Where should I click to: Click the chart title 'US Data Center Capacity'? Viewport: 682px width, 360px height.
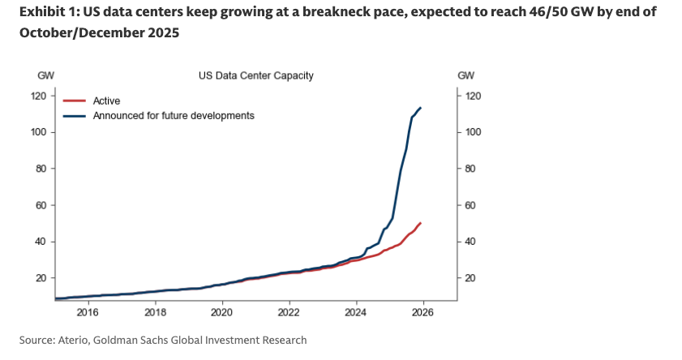256,75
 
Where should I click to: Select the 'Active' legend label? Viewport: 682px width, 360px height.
107,101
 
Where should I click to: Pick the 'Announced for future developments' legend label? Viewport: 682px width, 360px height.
174,116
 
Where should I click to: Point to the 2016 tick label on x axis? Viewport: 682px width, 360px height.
88,311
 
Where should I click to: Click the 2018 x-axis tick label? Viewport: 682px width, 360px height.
155,311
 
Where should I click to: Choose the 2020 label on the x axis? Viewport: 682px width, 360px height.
222,311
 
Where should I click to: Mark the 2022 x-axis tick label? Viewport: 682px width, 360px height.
290,311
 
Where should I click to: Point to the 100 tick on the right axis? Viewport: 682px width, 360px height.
474,132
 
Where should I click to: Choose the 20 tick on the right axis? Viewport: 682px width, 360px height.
471,278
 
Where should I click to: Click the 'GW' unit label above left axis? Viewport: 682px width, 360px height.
45,75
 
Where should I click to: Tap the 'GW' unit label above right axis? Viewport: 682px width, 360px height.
466,75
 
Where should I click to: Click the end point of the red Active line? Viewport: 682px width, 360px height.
420,222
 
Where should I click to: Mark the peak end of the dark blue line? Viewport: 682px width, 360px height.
420,108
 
